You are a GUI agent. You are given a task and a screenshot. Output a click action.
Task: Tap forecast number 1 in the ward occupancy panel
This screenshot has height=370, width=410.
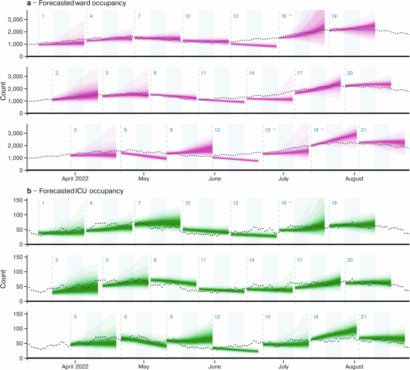tap(42, 16)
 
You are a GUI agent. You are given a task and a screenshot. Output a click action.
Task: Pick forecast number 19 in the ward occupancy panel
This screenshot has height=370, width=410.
tap(334, 16)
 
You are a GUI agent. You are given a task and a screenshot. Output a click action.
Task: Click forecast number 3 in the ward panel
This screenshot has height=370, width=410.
tap(75, 130)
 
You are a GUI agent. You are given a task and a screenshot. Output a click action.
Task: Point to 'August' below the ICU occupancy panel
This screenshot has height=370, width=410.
tap(355, 365)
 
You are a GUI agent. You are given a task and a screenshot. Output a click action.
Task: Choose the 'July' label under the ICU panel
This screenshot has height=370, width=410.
tap(283, 365)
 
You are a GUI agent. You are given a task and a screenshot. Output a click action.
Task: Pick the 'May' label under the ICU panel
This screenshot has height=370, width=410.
tap(143, 365)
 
